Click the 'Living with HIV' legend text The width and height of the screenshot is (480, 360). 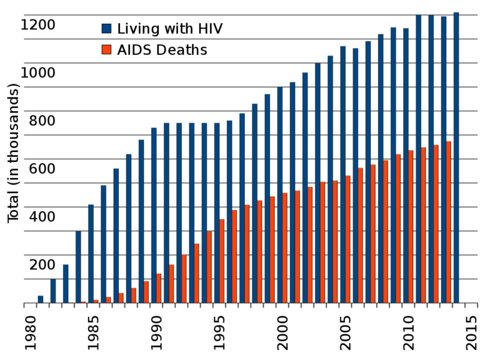point(169,28)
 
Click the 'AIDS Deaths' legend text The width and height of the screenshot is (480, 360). point(162,50)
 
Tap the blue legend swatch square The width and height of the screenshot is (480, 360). point(107,28)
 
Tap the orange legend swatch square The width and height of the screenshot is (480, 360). point(107,49)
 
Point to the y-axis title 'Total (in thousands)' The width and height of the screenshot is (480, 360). point(13,153)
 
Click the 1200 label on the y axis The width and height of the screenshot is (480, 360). point(38,25)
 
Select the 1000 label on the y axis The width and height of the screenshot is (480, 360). point(38,72)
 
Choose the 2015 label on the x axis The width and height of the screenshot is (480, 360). point(470,332)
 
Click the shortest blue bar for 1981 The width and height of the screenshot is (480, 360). point(41,299)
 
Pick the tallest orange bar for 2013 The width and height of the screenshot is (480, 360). point(449,222)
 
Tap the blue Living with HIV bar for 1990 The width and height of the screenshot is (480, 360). point(154,216)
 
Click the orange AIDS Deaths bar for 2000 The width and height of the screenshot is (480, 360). point(284,248)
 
